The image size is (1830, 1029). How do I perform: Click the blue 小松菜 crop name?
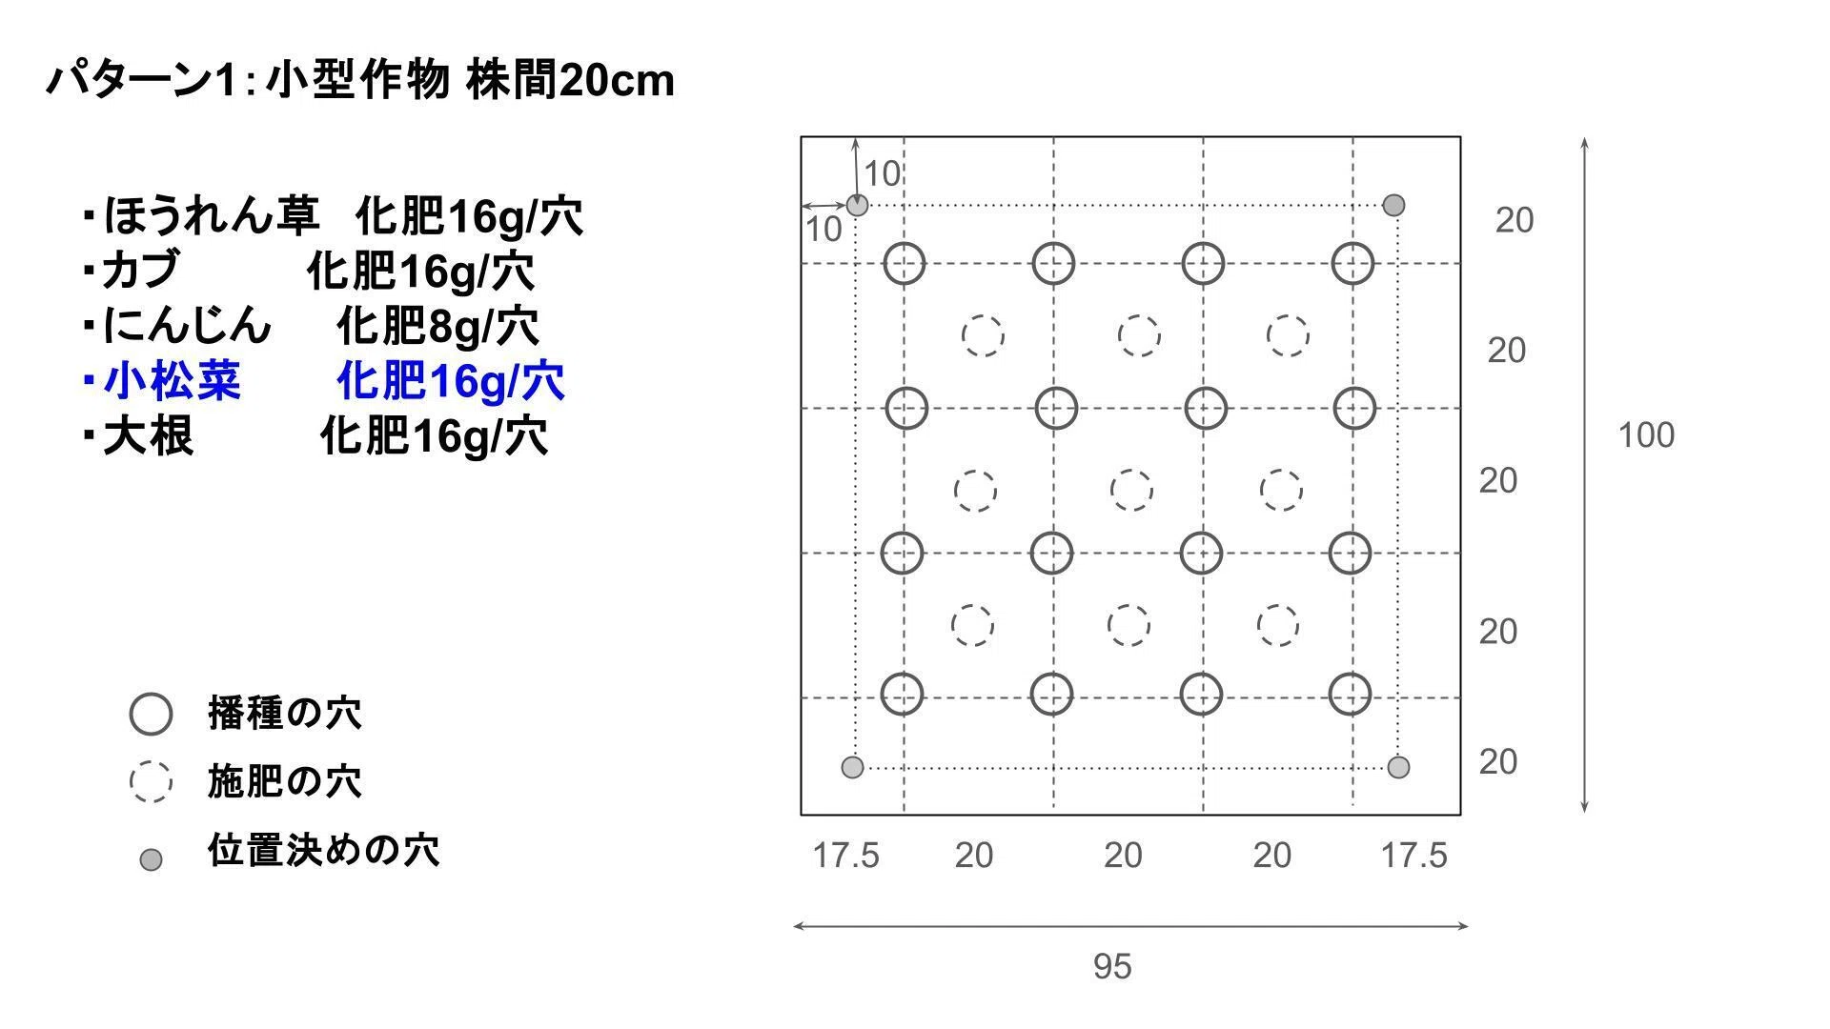[x=173, y=381]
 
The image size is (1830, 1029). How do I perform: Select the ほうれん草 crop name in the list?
[x=211, y=215]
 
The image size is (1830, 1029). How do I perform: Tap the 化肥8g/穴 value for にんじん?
[x=437, y=326]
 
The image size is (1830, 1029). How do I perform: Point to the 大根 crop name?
[x=149, y=435]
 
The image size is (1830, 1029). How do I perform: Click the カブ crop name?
[x=140, y=270]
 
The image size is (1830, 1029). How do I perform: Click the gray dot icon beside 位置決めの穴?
[x=151, y=859]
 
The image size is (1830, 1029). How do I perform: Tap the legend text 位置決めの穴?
[x=324, y=850]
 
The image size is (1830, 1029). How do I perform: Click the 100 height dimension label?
[x=1646, y=435]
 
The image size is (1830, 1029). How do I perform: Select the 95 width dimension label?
[x=1112, y=966]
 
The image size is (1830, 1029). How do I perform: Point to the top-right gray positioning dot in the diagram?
[x=1393, y=205]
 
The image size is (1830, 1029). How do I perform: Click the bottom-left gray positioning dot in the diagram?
[x=852, y=767]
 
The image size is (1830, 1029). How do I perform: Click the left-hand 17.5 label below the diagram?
[x=845, y=855]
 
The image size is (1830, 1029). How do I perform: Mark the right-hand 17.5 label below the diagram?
[x=1414, y=855]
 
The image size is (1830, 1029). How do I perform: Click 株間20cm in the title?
[x=570, y=80]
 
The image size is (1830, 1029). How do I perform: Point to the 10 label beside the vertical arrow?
[x=883, y=173]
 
